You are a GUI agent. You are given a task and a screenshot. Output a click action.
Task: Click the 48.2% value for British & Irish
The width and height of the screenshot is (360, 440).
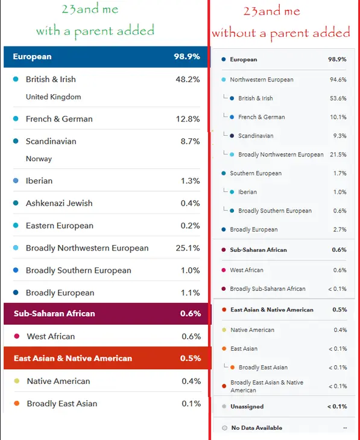(188, 80)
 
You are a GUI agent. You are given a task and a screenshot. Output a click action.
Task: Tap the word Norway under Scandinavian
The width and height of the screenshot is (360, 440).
(39, 159)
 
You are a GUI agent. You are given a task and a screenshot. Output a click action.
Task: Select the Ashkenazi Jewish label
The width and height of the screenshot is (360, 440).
(59, 203)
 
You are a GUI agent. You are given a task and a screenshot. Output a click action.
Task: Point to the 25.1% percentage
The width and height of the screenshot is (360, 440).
(188, 248)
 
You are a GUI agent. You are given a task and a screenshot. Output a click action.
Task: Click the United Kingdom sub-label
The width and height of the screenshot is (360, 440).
(54, 97)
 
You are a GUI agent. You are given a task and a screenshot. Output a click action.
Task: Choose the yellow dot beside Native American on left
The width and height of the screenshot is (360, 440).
(16, 381)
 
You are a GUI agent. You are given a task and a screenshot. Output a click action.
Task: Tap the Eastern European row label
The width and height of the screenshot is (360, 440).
(60, 226)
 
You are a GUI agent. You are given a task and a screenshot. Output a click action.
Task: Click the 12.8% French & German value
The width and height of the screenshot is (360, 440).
(188, 119)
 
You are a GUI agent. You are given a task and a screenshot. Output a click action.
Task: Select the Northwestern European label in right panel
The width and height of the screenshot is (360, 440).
(262, 80)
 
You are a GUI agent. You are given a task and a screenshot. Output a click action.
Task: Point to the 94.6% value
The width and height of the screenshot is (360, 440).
(338, 80)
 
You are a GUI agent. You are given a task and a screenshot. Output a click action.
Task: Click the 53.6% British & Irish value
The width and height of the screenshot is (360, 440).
(338, 98)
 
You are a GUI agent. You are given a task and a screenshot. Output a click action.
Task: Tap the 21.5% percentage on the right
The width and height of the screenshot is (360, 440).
(338, 155)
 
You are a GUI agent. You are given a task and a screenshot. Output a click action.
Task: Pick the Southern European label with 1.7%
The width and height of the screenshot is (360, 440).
(256, 173)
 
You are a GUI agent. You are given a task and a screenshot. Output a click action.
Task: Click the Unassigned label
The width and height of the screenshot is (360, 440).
(247, 407)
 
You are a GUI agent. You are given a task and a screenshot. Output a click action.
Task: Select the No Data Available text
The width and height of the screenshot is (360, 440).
(257, 428)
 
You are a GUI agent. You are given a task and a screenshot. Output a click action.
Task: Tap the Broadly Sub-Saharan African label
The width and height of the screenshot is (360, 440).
(268, 289)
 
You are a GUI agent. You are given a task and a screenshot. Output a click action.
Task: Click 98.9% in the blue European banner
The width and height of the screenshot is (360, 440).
(187, 57)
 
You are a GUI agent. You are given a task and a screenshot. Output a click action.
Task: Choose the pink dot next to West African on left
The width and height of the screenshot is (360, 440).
(16, 336)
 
